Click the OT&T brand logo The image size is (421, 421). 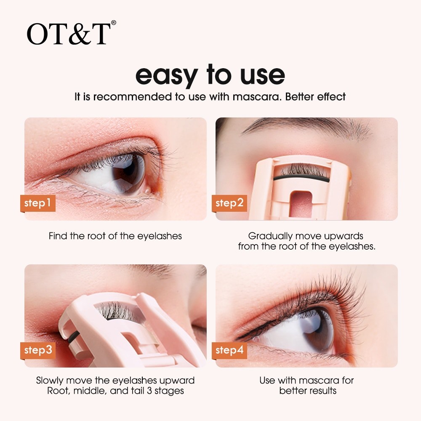point(71,34)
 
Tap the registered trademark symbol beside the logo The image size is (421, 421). point(114,23)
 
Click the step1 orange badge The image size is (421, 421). point(38,203)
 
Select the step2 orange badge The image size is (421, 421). point(229,203)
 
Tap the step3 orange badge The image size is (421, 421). point(38,350)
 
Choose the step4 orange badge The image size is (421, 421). point(229,350)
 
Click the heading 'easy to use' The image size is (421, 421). point(210,75)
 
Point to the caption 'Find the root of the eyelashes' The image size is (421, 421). point(115,236)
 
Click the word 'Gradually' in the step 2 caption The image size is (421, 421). point(270,236)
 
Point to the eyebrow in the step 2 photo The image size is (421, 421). point(306,127)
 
